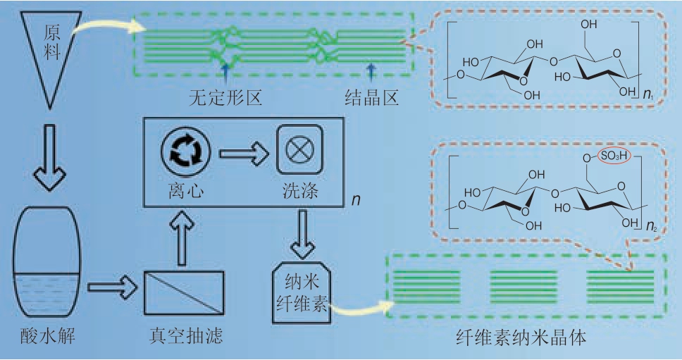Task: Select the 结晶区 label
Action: pyautogui.click(x=372, y=97)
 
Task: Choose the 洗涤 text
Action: pyautogui.click(x=299, y=189)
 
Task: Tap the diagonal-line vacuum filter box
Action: pyautogui.click(x=185, y=292)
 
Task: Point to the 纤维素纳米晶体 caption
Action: pyautogui.click(x=521, y=337)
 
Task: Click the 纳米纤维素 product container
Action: pyautogui.click(x=300, y=292)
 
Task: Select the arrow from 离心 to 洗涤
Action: pyautogui.click(x=244, y=151)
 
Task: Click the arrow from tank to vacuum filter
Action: pyautogui.click(x=111, y=287)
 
